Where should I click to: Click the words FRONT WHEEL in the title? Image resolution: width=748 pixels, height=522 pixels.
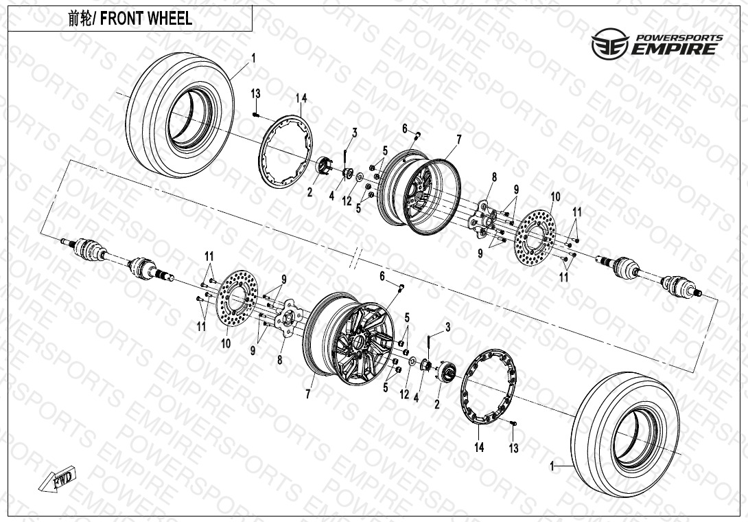click(x=146, y=19)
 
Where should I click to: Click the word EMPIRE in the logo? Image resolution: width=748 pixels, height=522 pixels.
click(x=675, y=49)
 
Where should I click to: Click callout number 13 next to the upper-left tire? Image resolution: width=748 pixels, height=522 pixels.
click(x=255, y=93)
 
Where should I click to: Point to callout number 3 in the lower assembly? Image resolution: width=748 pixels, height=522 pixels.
click(x=447, y=328)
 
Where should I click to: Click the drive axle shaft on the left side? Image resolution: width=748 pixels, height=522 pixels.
click(x=117, y=258)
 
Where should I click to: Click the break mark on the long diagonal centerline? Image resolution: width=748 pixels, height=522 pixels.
click(x=357, y=260)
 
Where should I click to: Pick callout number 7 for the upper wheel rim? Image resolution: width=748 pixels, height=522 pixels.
click(x=458, y=139)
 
